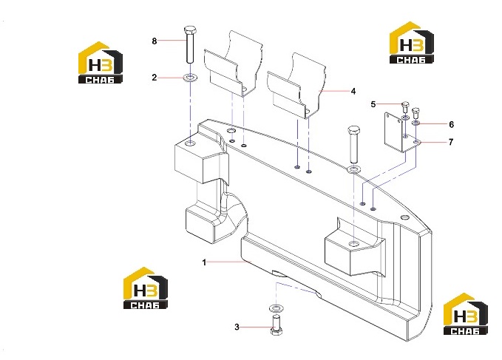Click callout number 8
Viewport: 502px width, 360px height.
pyautogui.click(x=155, y=41)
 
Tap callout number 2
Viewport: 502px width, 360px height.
pyautogui.click(x=155, y=78)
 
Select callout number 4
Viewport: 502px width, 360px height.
pyautogui.click(x=353, y=91)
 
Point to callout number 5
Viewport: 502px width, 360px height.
pyautogui.click(x=373, y=104)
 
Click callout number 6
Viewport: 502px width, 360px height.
pyautogui.click(x=452, y=124)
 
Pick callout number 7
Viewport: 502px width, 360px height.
pyautogui.click(x=451, y=141)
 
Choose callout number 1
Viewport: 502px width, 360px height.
pyautogui.click(x=204, y=262)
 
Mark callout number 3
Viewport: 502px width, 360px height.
pyautogui.click(x=237, y=327)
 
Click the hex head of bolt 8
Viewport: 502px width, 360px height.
pyautogui.click(x=191, y=30)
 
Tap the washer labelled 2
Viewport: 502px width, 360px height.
pyautogui.click(x=190, y=78)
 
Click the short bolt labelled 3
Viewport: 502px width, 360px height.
pyautogui.click(x=276, y=325)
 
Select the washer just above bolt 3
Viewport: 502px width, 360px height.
pyautogui.click(x=276, y=308)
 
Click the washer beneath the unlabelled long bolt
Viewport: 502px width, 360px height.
pyautogui.click(x=353, y=169)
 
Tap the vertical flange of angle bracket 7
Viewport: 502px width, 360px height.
pyautogui.click(x=393, y=131)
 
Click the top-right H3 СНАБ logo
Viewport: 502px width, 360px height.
pyautogui.click(x=411, y=43)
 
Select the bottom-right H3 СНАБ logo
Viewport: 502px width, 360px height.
pyautogui.click(x=466, y=314)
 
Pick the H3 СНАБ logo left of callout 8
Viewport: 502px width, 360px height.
pyautogui.click(x=101, y=63)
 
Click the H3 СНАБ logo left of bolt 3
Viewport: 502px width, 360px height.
pyautogui.click(x=146, y=288)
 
